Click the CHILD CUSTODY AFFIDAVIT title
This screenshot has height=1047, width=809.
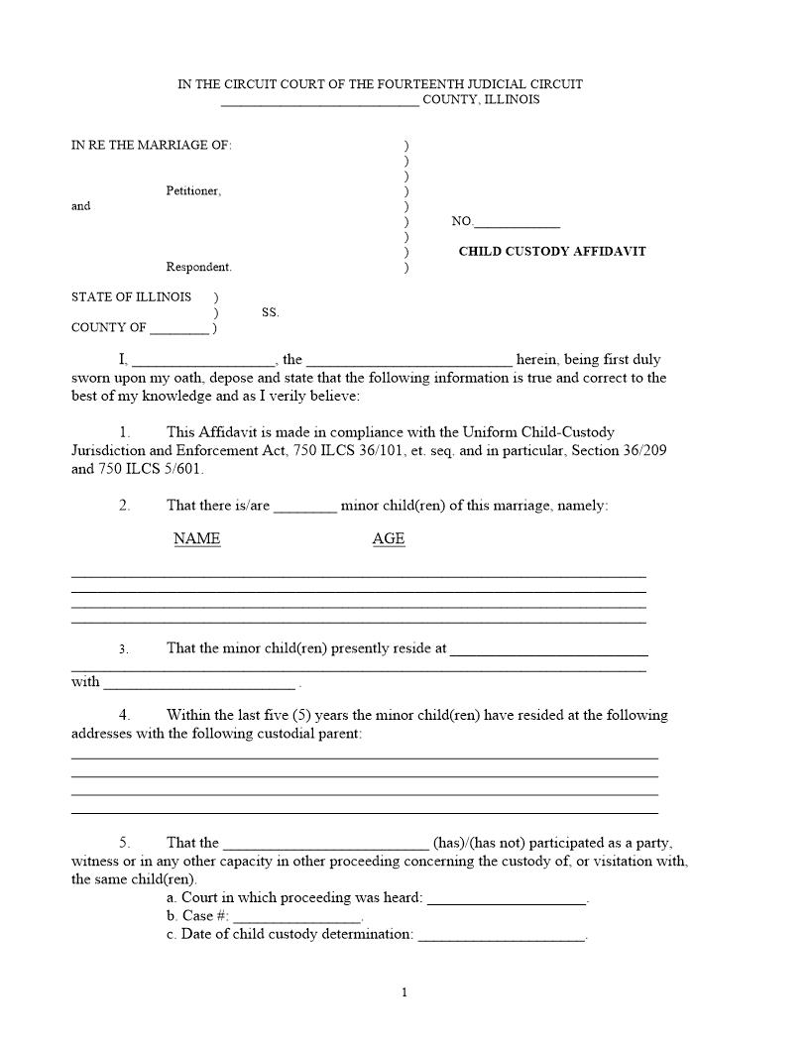click(x=551, y=252)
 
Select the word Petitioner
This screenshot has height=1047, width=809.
click(x=193, y=191)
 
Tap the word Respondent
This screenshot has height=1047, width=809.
click(x=198, y=268)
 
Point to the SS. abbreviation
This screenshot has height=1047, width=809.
click(x=271, y=312)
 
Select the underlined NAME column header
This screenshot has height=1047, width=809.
click(x=197, y=539)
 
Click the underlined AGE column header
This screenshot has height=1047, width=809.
click(x=389, y=539)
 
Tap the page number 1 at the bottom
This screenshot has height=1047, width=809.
click(x=404, y=992)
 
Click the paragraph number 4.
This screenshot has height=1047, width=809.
click(x=124, y=715)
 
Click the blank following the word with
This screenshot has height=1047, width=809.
click(x=199, y=684)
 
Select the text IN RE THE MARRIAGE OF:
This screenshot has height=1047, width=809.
click(x=151, y=146)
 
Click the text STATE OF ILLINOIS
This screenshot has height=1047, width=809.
click(x=131, y=297)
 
